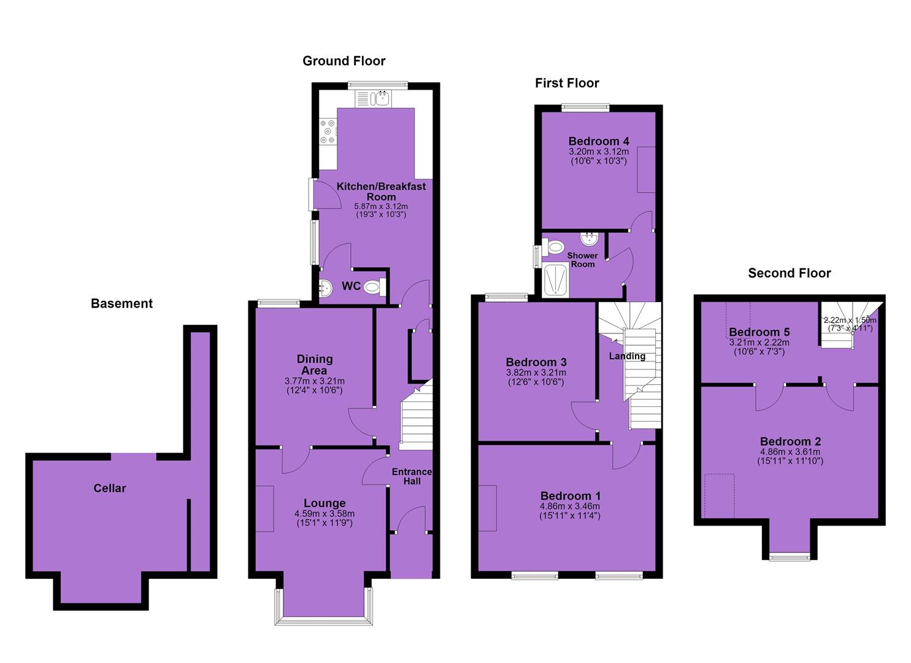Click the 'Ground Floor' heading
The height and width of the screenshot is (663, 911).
[x=344, y=61]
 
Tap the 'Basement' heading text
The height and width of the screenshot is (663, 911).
[x=121, y=303]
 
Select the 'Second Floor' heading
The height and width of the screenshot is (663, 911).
[x=790, y=273]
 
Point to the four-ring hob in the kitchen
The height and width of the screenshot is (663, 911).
[x=328, y=131]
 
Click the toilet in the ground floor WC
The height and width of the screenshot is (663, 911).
[x=375, y=288]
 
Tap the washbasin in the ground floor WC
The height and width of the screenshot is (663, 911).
[x=326, y=289]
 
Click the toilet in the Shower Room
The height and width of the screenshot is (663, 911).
[x=553, y=247]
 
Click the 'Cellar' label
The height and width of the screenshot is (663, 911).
[x=109, y=488]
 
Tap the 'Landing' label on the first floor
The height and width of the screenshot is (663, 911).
[x=627, y=356]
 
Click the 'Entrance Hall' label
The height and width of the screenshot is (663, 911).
[x=412, y=476]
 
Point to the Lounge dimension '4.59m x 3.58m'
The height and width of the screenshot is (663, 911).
[x=325, y=514]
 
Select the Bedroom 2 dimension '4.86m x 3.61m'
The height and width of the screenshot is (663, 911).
[x=790, y=452]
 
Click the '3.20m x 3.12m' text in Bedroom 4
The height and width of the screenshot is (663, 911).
[x=599, y=152]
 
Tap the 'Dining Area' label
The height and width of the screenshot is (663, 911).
[x=314, y=365]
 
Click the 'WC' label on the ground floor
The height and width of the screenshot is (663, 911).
[x=351, y=286]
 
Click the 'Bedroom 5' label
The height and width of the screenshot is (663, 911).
[x=759, y=332]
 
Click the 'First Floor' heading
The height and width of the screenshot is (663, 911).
[x=567, y=83]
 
